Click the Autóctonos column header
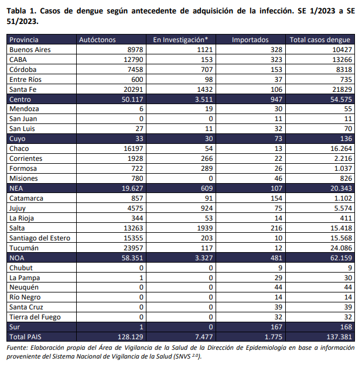[x=97, y=40]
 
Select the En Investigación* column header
[x=180, y=40]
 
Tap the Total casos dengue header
[x=320, y=40]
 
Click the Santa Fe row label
[x=23, y=89]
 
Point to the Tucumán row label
[x=24, y=248]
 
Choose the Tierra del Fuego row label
[x=35, y=317]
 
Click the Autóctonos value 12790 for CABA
[x=134, y=60]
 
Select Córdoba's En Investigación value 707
[x=207, y=70]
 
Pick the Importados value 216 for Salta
[x=276, y=228]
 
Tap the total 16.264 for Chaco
[x=341, y=149]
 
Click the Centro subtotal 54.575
[x=341, y=99]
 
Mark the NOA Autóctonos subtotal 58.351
[x=132, y=258]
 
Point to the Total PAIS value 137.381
[x=339, y=337]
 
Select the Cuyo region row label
[x=17, y=139]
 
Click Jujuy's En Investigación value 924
[x=207, y=208]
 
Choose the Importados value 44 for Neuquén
[x=278, y=287]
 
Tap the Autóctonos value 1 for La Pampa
[x=141, y=278]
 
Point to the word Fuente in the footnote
[x=17, y=347]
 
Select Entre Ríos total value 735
[x=346, y=80]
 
